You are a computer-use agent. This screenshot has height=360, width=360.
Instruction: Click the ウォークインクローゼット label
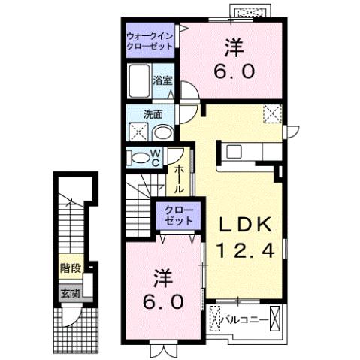click(150, 40)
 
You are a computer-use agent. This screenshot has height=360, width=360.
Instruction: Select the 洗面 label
click(156, 114)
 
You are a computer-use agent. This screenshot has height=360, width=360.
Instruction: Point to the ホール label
click(180, 180)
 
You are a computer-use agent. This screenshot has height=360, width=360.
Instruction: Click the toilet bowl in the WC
click(139, 157)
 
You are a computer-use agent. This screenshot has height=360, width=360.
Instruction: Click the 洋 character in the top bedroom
click(231, 47)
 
